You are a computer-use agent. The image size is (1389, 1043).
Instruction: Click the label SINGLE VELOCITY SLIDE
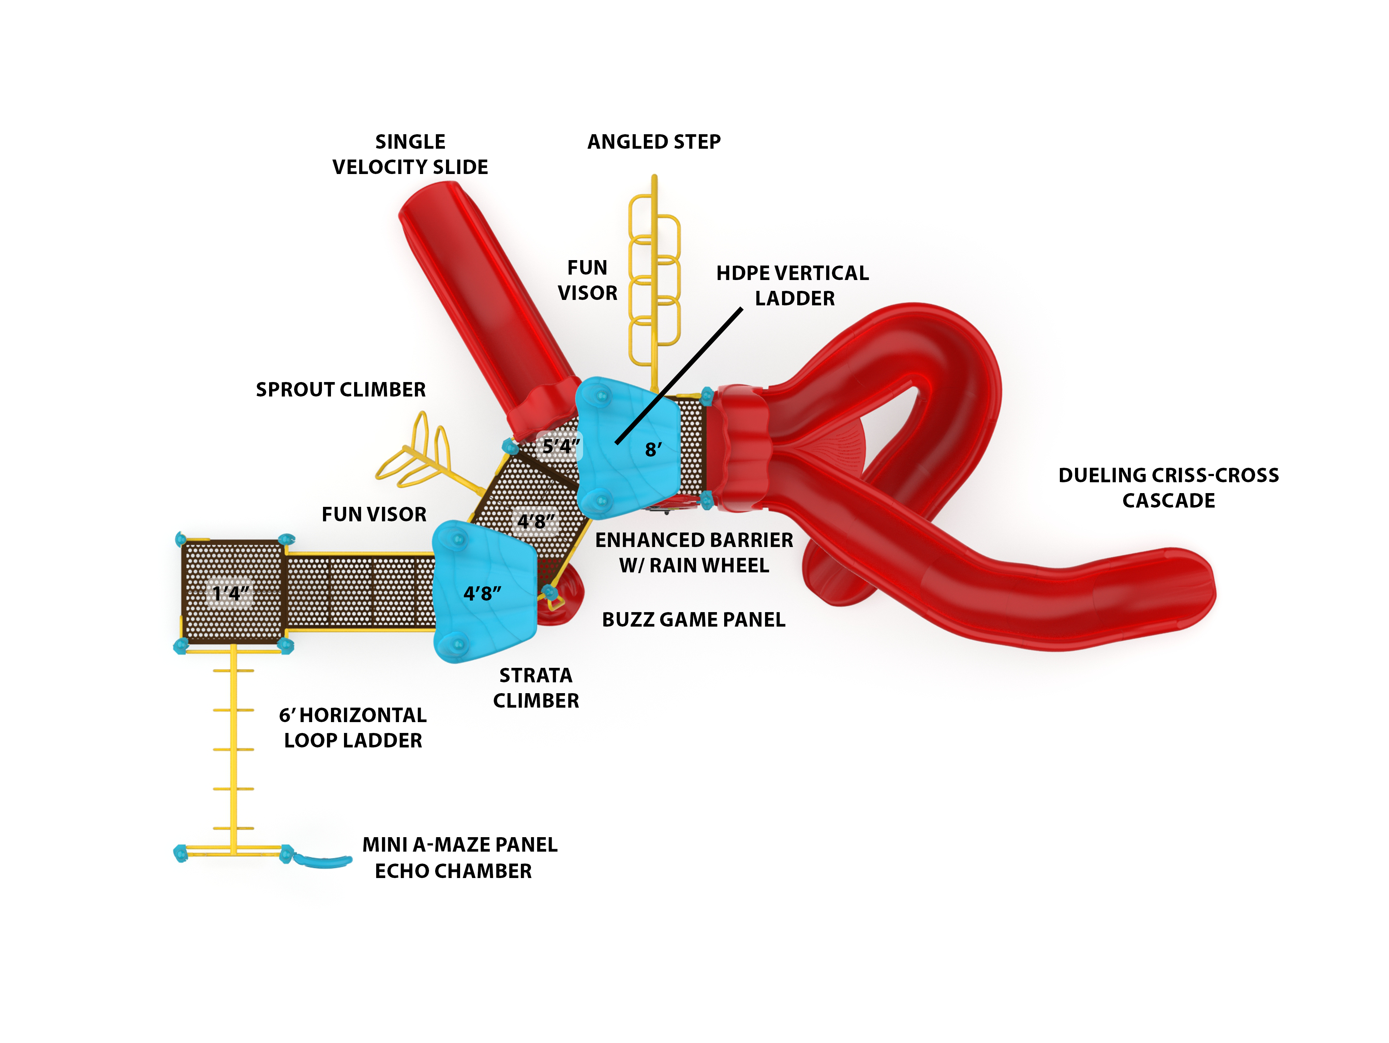[410, 154]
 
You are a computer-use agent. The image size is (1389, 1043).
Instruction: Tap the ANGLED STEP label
[654, 142]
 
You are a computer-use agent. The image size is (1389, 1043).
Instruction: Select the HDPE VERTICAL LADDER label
[793, 286]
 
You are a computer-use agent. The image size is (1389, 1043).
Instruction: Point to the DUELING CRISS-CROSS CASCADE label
[1168, 488]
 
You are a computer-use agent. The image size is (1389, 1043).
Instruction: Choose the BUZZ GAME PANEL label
[693, 620]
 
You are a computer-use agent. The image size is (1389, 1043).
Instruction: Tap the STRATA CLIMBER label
[536, 688]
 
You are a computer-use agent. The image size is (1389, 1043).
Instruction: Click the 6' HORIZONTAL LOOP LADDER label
[353, 728]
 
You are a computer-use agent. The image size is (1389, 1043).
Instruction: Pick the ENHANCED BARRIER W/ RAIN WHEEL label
[694, 552]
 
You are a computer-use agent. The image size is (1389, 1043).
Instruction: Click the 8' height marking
[653, 450]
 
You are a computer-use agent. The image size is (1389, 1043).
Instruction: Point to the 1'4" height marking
[230, 593]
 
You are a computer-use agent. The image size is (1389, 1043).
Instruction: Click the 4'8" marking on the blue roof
[482, 593]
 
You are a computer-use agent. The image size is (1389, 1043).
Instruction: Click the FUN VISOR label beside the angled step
[587, 280]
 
